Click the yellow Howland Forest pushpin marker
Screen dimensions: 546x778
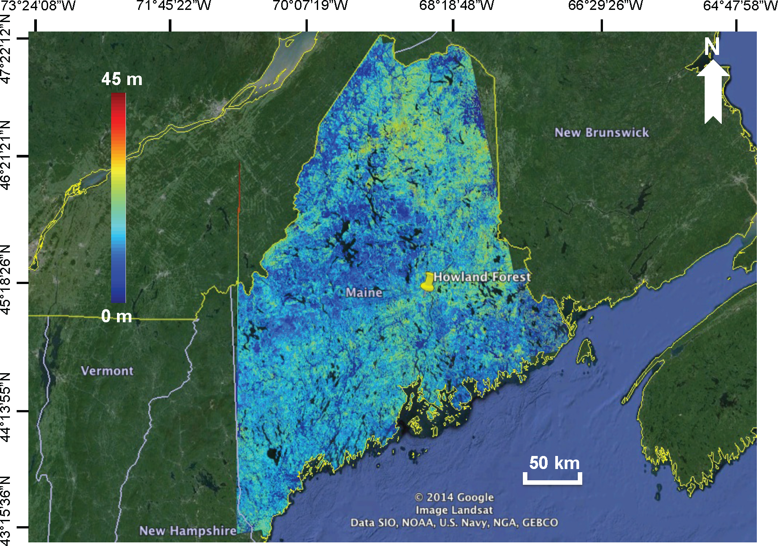(427, 282)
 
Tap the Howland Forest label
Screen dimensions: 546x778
(482, 277)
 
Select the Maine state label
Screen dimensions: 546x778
(364, 293)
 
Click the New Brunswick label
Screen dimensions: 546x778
(602, 132)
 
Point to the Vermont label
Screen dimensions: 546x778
(107, 371)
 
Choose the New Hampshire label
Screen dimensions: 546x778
(188, 531)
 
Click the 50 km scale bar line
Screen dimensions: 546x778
(552, 482)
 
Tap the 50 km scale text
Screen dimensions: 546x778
(554, 463)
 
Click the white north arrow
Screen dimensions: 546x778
(713, 92)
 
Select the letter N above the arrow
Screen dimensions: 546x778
(712, 47)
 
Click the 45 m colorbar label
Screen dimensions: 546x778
(121, 79)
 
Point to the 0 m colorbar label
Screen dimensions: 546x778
(117, 316)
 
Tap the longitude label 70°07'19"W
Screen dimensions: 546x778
(310, 6)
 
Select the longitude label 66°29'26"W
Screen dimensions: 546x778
(605, 6)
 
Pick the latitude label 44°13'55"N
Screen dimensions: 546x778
(6, 407)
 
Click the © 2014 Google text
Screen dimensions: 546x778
(454, 497)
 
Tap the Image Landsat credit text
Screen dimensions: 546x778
(454, 510)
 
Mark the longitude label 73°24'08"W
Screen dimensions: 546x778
(39, 6)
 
